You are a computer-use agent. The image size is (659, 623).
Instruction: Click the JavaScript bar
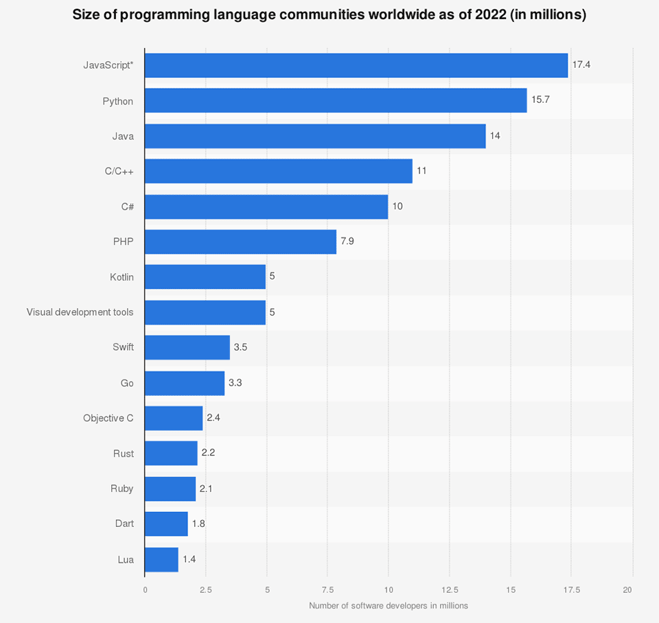click(x=356, y=65)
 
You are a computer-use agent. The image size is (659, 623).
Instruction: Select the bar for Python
click(x=336, y=101)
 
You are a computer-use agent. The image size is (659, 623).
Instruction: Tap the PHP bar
click(x=240, y=242)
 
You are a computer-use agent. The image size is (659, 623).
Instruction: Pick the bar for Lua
click(x=161, y=559)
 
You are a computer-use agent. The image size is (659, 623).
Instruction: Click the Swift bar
click(x=187, y=347)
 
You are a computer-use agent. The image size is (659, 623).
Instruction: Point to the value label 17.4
click(x=581, y=65)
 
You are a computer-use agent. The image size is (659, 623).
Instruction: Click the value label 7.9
click(x=347, y=242)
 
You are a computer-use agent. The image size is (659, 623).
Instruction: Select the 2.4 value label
click(x=213, y=418)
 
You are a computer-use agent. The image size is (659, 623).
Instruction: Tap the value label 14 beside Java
click(x=495, y=136)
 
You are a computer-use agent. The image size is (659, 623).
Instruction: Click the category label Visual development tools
click(x=80, y=312)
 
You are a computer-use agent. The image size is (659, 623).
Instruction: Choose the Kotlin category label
click(x=122, y=277)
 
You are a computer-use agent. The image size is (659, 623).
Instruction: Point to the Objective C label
click(x=108, y=418)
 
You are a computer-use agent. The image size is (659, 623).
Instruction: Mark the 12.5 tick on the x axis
click(x=449, y=589)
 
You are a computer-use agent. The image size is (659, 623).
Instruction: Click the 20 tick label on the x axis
click(x=627, y=589)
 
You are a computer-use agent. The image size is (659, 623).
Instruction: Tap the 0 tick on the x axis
click(x=145, y=589)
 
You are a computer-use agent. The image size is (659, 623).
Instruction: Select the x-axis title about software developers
click(x=388, y=605)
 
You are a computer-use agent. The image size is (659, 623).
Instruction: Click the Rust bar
click(x=171, y=454)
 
